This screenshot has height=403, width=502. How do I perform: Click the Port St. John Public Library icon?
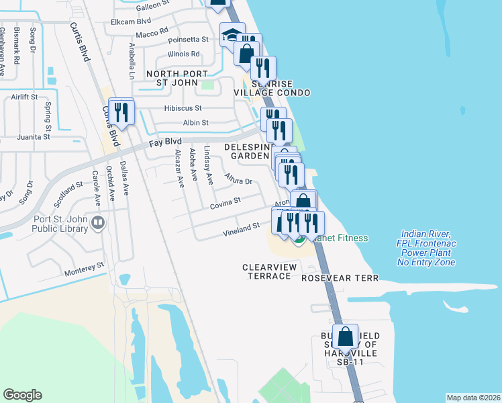(99, 222)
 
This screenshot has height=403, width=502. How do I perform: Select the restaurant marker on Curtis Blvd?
(121, 111)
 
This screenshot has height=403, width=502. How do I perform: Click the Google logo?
(22, 395)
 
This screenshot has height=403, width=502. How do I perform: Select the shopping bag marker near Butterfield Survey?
(346, 339)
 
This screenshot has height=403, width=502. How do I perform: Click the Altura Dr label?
(238, 179)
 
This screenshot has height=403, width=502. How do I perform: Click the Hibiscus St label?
(183, 108)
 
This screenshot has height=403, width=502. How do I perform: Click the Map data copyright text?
(472, 398)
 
